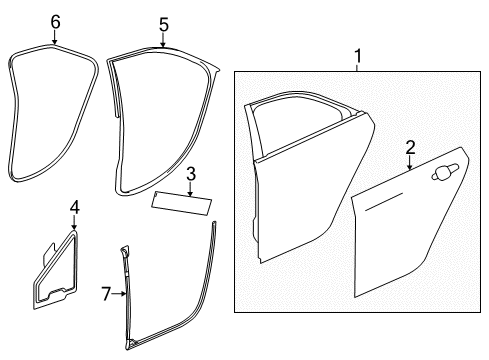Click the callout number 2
(x=410, y=149)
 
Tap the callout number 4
(x=73, y=207)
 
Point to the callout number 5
(x=163, y=23)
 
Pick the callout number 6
(x=55, y=21)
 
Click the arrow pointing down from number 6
(x=55, y=37)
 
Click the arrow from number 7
(x=120, y=293)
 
